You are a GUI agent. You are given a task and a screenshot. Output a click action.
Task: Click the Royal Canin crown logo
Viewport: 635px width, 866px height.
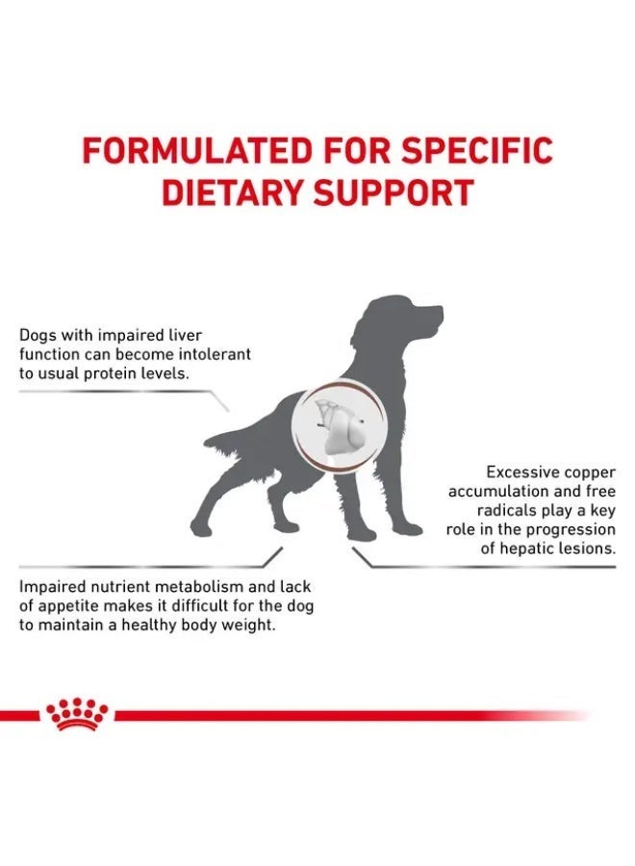(x=78, y=714)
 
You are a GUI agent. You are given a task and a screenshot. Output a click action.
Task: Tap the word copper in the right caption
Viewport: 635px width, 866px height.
(x=588, y=472)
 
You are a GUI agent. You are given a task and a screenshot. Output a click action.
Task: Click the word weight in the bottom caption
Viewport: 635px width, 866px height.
(x=249, y=625)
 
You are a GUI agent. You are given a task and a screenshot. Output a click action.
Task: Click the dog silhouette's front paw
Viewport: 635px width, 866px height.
(x=409, y=528)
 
